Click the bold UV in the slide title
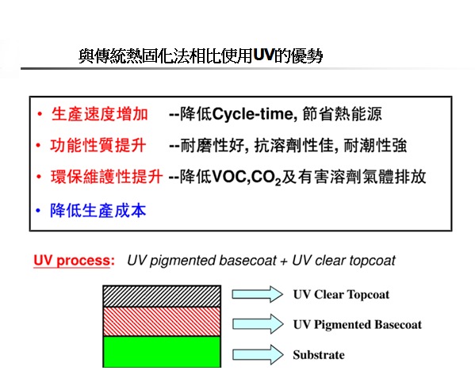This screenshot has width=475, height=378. (264, 55)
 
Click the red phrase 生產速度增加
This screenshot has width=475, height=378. (100, 114)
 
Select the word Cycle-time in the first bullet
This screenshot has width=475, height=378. (253, 114)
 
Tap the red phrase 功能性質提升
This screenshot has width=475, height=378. (98, 145)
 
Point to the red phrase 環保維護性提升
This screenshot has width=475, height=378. (106, 177)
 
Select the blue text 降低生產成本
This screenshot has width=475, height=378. (98, 210)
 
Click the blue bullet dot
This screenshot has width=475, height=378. (38, 210)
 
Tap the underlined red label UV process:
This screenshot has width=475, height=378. (75, 261)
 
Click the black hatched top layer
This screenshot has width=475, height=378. (162, 296)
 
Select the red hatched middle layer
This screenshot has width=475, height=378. (162, 322)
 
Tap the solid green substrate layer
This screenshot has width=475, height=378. (162, 352)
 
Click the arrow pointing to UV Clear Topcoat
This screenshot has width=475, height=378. (258, 294)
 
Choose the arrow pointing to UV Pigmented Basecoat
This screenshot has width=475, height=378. (258, 324)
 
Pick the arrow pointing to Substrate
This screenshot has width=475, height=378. (258, 354)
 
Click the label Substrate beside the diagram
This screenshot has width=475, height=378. (319, 355)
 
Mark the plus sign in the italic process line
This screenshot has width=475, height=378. (284, 262)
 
